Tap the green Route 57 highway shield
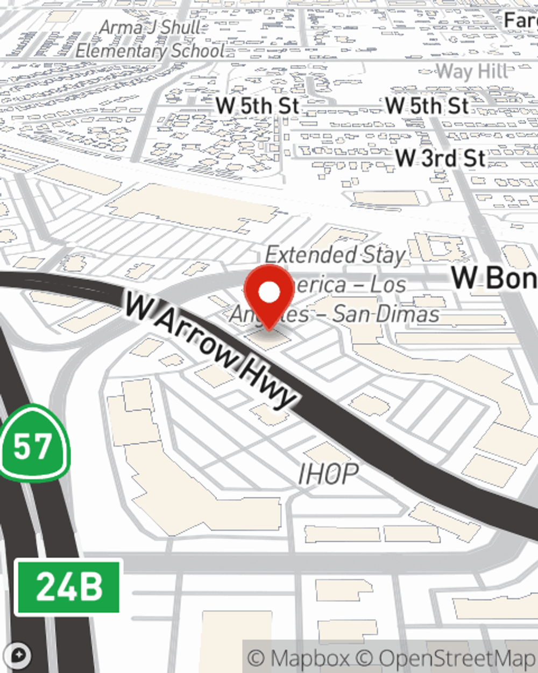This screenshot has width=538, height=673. (x=33, y=444)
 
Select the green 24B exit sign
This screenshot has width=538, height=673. (x=68, y=586)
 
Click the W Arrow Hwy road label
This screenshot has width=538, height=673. (x=210, y=350)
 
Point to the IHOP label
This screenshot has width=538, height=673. (x=328, y=474)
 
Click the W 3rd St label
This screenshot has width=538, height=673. (x=440, y=158)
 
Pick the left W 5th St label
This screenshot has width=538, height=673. (x=257, y=106)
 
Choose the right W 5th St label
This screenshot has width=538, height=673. (x=427, y=106)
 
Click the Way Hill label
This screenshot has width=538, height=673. (x=471, y=71)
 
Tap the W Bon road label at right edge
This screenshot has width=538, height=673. (x=494, y=278)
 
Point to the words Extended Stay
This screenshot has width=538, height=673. (x=335, y=254)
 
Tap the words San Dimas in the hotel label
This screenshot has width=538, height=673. (x=385, y=314)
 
